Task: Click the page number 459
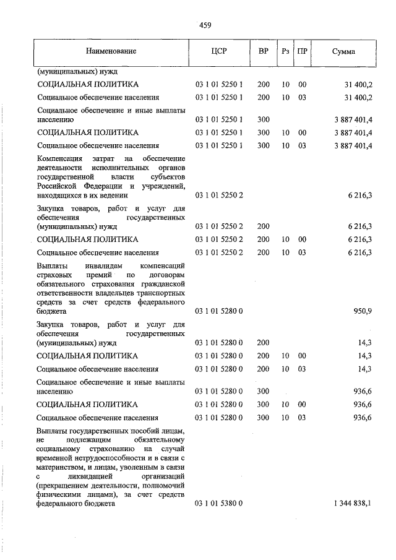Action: tap(205, 25)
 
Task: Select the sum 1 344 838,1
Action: tap(351, 504)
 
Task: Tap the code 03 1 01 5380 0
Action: tap(219, 504)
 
